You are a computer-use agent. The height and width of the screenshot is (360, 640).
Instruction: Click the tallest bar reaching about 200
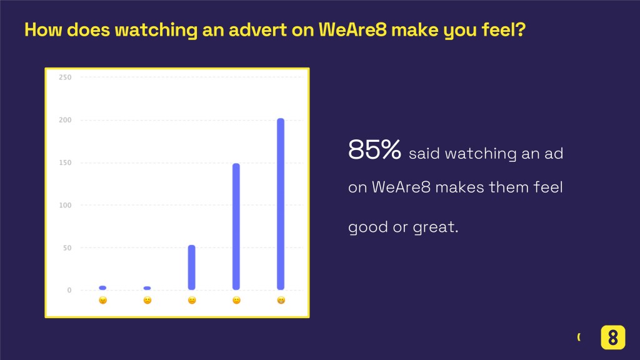click(x=281, y=204)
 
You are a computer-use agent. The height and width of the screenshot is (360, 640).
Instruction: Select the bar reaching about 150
click(x=236, y=226)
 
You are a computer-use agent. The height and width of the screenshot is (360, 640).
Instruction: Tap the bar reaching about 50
click(x=191, y=267)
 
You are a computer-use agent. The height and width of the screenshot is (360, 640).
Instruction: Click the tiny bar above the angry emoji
click(x=102, y=287)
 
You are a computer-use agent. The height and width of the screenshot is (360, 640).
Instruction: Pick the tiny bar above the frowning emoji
click(x=147, y=288)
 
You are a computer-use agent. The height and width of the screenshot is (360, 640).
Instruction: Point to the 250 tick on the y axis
click(x=65, y=77)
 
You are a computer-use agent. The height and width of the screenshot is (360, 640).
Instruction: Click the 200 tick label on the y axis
click(x=65, y=120)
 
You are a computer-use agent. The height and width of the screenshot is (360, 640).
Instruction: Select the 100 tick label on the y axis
click(x=65, y=205)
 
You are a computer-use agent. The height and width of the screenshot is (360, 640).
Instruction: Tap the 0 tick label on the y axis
click(x=69, y=290)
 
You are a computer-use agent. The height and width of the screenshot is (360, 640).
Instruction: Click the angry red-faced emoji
click(x=103, y=301)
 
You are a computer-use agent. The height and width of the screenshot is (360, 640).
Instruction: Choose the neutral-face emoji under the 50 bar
click(x=192, y=301)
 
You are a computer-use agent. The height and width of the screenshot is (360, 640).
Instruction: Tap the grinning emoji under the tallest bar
click(x=281, y=301)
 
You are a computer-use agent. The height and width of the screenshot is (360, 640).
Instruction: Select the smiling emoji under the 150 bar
click(x=236, y=301)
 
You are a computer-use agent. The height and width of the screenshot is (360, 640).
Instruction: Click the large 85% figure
click(x=375, y=149)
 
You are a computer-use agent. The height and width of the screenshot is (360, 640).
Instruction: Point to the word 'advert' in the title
click(x=257, y=30)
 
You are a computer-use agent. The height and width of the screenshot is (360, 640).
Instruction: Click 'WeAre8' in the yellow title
click(x=352, y=30)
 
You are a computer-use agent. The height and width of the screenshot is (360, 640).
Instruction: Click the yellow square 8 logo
click(x=612, y=337)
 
